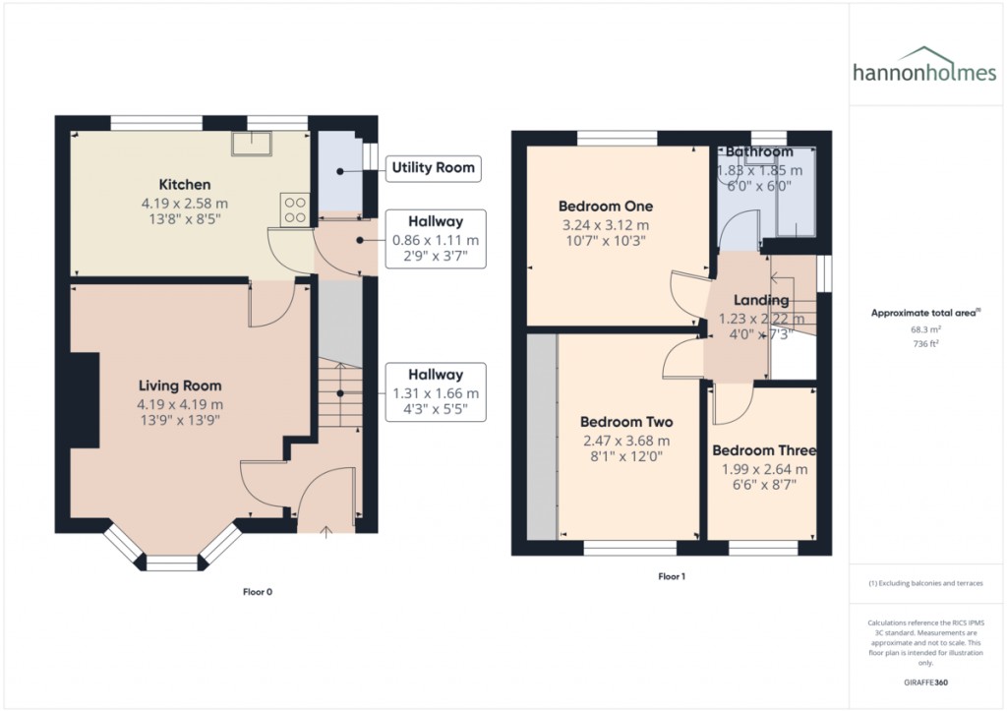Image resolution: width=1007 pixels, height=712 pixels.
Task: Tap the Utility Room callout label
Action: (x=433, y=167)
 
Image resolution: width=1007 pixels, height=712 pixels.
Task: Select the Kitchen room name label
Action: (x=185, y=185)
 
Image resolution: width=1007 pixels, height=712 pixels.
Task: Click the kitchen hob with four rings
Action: (x=295, y=208)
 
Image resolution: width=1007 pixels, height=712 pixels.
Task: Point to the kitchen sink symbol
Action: (x=245, y=144)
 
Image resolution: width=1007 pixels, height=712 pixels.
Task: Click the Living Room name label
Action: (x=180, y=386)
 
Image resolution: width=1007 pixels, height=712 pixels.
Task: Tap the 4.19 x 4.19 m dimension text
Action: (x=180, y=403)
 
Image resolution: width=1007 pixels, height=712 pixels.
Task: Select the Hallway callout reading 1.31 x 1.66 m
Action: (x=435, y=391)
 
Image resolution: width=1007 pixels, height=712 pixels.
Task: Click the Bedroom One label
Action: (x=605, y=207)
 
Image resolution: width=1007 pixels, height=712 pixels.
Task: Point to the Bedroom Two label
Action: (x=624, y=422)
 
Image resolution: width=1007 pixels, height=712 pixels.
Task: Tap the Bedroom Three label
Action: (x=764, y=450)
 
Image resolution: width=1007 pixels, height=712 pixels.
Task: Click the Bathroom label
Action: (x=759, y=152)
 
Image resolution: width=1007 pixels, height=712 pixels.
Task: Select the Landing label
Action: (x=762, y=300)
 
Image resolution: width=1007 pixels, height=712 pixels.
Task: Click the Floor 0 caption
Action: (x=258, y=592)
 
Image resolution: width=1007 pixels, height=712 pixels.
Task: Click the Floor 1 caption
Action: (x=672, y=576)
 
